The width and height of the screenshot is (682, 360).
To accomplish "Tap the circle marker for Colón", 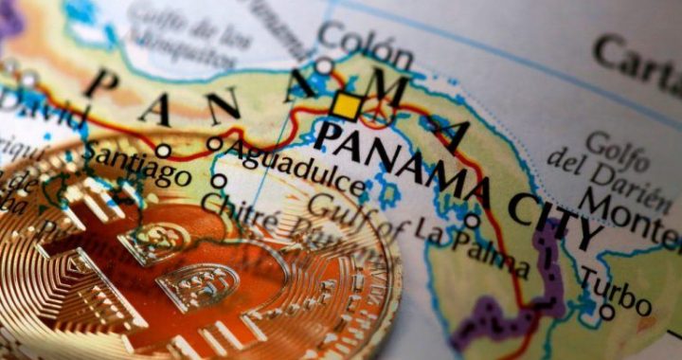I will (x=324, y=66).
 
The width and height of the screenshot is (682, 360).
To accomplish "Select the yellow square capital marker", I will (x=347, y=106).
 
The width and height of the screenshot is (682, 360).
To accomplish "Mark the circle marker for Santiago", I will (x=163, y=150).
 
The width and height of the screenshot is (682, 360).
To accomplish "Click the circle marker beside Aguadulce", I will (x=214, y=144).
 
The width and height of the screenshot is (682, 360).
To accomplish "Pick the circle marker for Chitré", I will (x=219, y=180).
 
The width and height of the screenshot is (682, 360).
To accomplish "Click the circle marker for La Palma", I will (x=472, y=222).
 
